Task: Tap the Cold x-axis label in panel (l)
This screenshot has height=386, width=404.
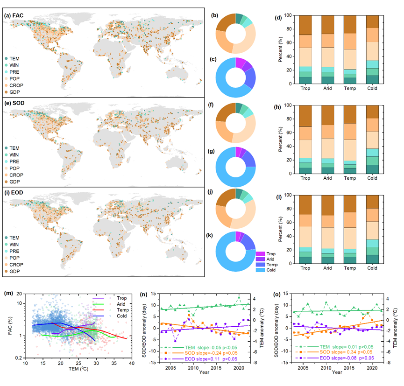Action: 372,268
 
